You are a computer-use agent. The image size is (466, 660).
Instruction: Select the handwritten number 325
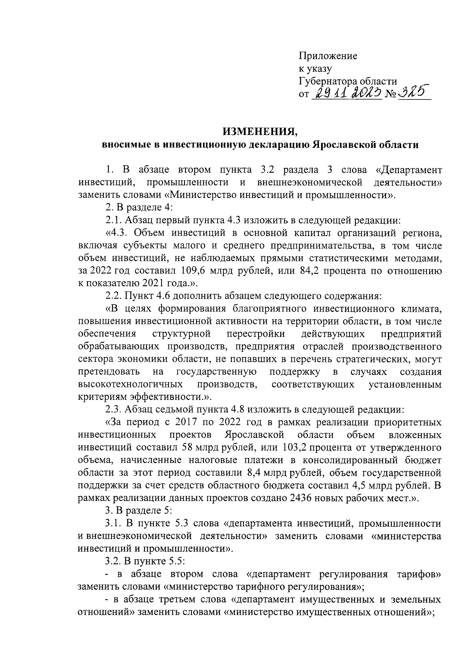point(415,93)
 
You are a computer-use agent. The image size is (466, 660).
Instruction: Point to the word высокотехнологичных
point(130,385)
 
